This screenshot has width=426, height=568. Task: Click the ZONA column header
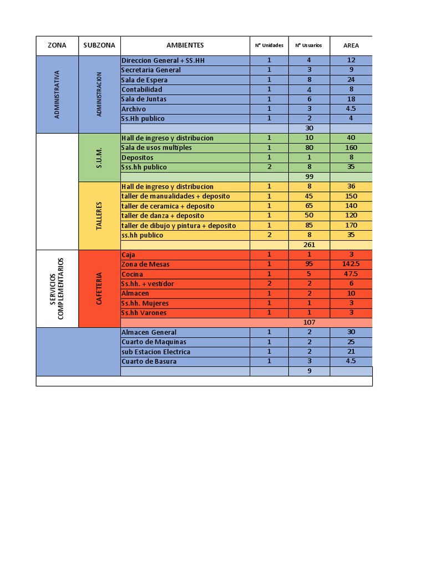point(57,45)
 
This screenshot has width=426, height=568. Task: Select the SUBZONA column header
point(99,45)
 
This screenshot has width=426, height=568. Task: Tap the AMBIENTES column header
point(185,45)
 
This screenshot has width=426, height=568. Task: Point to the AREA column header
point(351,45)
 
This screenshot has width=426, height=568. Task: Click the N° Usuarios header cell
point(309,45)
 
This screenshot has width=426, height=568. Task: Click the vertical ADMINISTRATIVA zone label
point(57,94)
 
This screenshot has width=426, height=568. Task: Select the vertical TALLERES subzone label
point(99,215)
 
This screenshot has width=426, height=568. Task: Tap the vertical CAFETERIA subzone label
point(99,288)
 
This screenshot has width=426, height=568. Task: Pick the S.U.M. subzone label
point(99,157)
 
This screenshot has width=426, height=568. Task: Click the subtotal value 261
point(309,245)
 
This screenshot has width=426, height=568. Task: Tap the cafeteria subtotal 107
point(309,322)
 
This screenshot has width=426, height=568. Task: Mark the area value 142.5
point(351,264)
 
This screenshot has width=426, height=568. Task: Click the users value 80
point(309,148)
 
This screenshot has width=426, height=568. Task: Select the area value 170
point(351,225)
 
